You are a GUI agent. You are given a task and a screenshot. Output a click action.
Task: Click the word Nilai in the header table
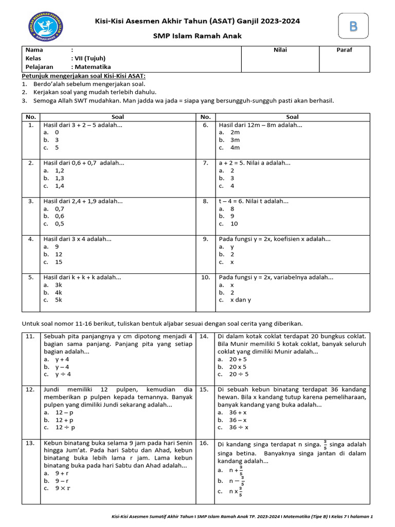coord(280,50)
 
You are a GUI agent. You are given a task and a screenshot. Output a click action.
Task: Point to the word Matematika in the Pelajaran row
coord(93,66)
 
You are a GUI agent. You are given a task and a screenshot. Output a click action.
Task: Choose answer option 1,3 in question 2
coord(59,178)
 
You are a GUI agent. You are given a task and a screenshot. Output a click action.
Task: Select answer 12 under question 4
coord(58,254)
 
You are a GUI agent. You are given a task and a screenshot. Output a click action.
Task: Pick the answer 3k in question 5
coord(58,285)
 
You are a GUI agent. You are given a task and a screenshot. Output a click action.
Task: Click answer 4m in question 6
coord(235,147)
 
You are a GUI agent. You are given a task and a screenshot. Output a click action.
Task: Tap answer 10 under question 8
coord(234,224)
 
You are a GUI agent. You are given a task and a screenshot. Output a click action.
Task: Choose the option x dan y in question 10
coord(240,300)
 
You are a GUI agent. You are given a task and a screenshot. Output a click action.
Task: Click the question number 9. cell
coord(205,239)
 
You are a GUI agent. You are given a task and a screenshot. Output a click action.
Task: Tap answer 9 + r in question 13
coord(62,473)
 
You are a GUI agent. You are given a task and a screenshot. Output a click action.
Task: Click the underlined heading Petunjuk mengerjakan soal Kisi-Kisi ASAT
coord(83,76)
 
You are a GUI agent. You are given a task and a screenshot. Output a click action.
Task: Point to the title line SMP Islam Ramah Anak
coord(197,36)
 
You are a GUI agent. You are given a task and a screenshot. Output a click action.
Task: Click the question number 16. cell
coord(204,443)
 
